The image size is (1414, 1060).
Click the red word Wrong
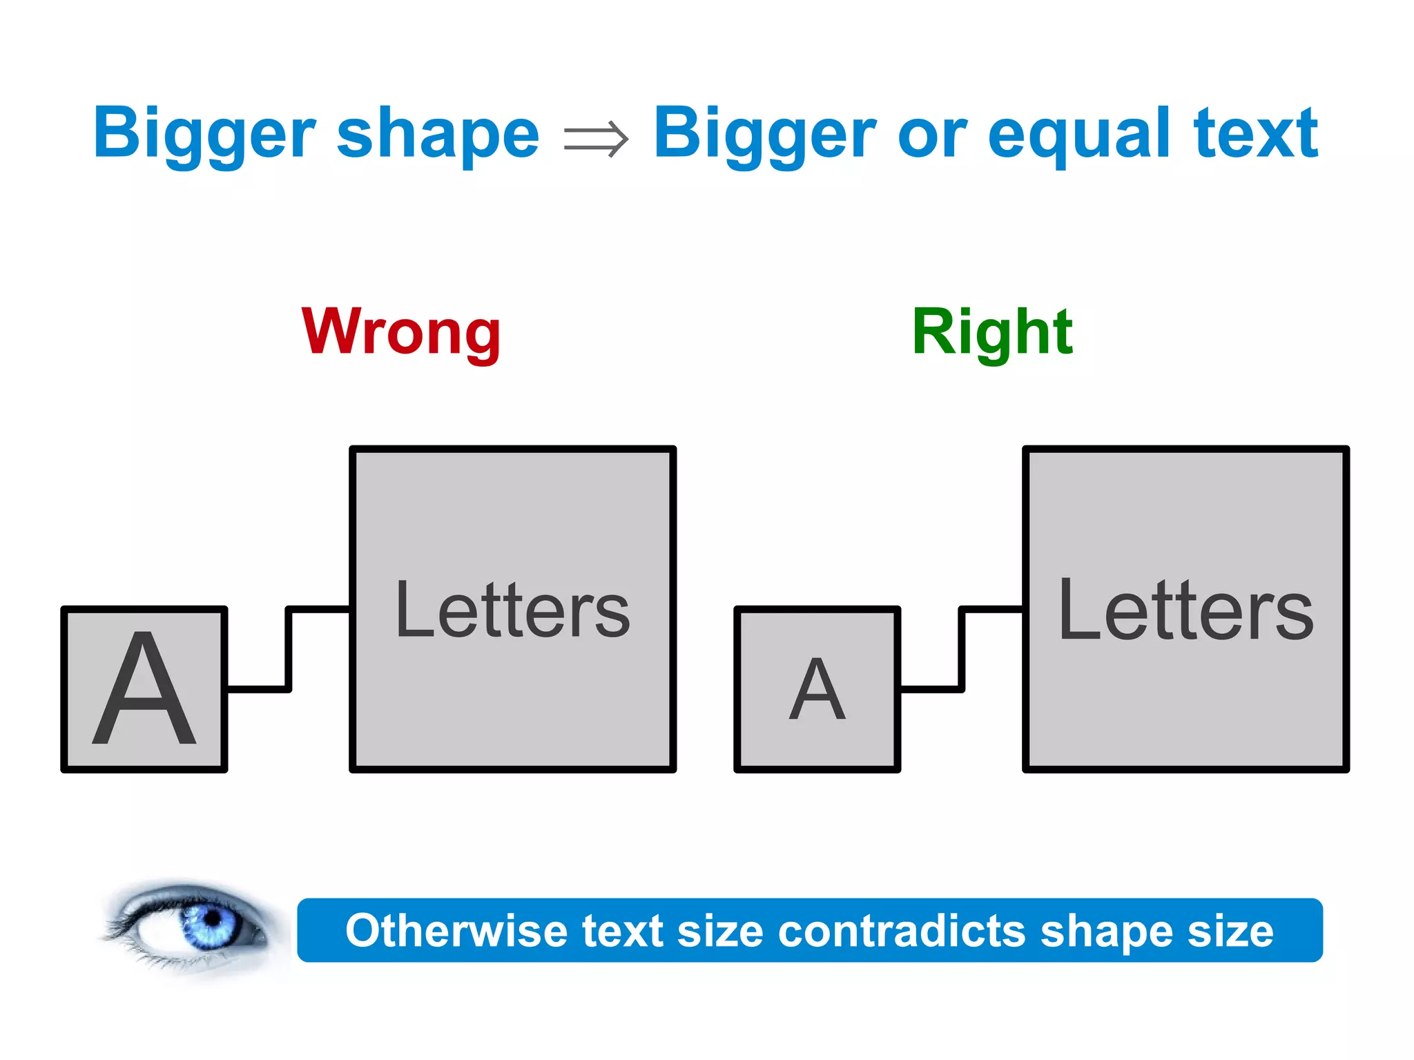(401, 333)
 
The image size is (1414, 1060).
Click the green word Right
(992, 333)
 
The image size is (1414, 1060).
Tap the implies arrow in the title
(596, 138)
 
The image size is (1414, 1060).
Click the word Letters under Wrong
(512, 610)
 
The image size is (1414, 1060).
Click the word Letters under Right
(1185, 610)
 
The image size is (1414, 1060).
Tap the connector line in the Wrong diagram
(289, 649)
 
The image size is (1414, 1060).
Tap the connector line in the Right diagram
(962, 649)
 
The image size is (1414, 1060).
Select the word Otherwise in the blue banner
(456, 931)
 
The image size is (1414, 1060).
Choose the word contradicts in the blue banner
(901, 931)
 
